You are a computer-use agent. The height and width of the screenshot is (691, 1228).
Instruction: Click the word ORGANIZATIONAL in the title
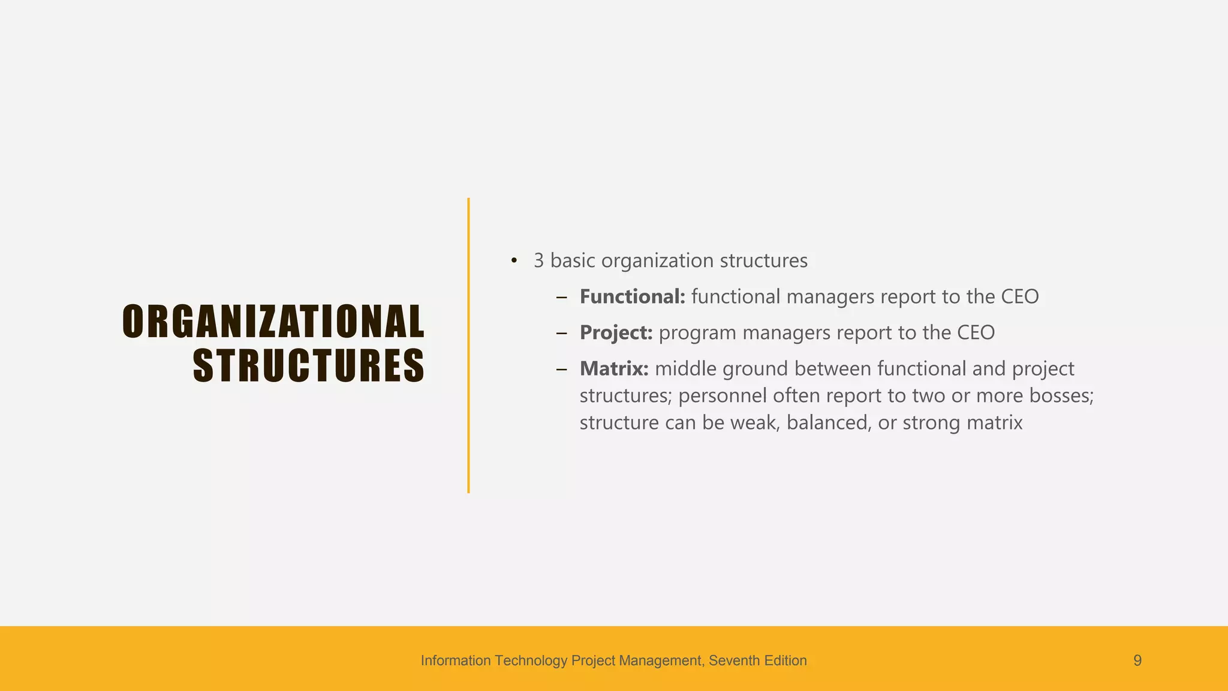click(273, 322)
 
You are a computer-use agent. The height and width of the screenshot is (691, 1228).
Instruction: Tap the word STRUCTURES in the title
click(308, 366)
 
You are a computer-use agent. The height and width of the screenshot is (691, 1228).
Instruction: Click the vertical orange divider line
click(468, 345)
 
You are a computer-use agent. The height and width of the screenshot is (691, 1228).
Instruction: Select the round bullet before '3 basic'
click(514, 261)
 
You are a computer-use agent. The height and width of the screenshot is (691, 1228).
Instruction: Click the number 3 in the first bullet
click(538, 261)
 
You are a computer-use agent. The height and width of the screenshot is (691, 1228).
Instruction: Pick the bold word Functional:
click(632, 296)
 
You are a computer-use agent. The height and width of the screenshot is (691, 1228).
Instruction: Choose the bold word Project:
click(616, 332)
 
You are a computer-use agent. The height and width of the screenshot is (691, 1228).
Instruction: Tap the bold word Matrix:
click(614, 368)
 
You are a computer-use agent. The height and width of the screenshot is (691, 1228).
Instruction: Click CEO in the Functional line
click(1019, 296)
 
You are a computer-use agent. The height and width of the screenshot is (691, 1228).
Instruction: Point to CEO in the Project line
click(976, 332)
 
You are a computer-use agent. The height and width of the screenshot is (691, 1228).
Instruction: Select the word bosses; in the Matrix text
click(1061, 395)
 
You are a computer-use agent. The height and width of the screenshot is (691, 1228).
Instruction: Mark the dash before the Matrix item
click(561, 369)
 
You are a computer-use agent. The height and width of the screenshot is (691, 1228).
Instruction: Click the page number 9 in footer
click(1137, 660)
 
